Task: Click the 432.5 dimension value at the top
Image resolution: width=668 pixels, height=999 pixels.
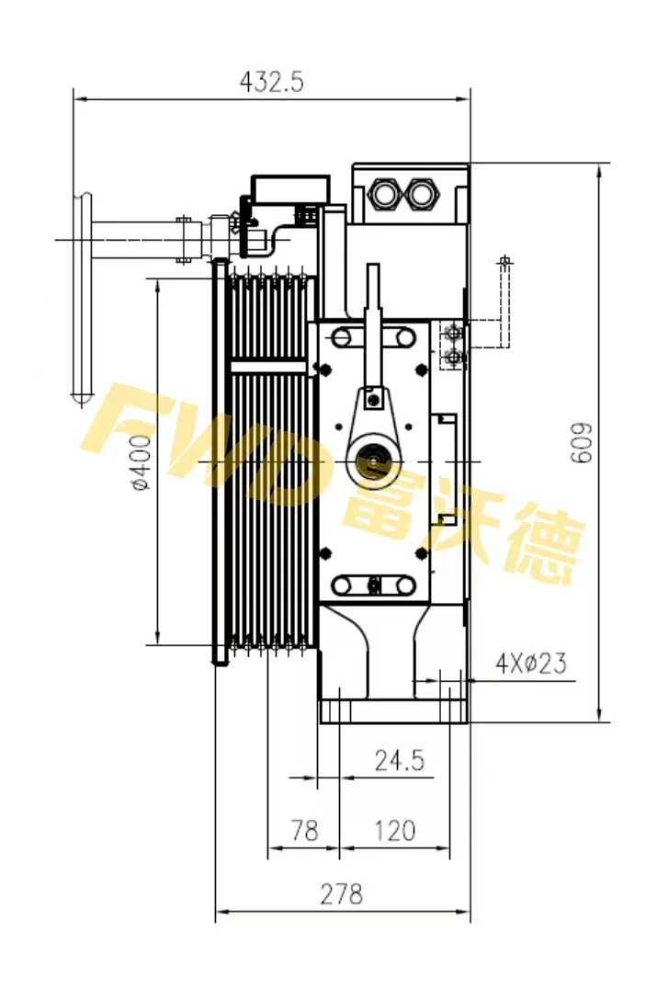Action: tap(271, 82)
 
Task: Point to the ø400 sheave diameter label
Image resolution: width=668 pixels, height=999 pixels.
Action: tap(141, 462)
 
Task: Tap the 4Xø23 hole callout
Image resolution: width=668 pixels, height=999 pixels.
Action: tap(530, 663)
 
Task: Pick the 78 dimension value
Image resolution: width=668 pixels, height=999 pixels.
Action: tap(303, 831)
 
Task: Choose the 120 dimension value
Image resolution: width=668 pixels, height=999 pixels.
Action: tap(395, 831)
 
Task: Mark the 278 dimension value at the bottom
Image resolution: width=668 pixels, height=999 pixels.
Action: tap(341, 892)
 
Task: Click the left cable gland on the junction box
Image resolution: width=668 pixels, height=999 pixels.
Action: tap(383, 194)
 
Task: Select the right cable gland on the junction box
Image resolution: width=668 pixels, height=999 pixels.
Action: tap(423, 194)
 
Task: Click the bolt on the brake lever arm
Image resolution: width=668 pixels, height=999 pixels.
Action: tap(372, 399)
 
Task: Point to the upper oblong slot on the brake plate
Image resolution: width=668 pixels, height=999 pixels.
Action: tap(373, 337)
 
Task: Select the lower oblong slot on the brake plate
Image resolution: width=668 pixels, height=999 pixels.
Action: tap(373, 585)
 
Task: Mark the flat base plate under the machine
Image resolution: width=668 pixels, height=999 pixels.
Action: tap(394, 712)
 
